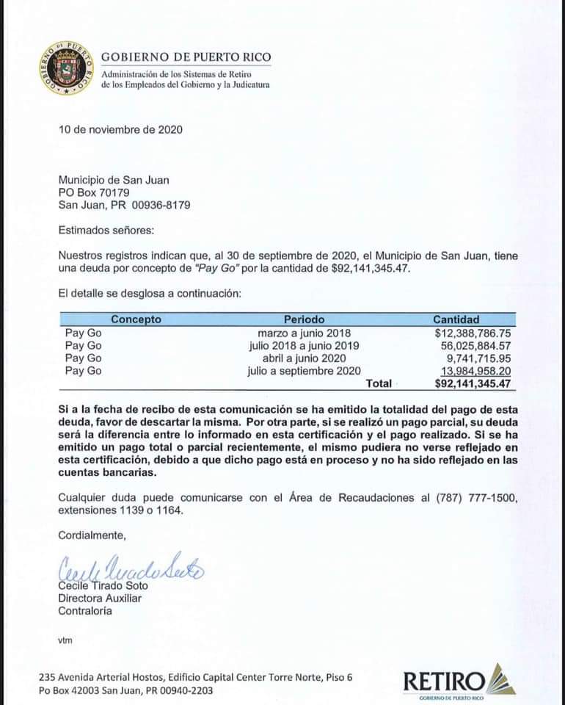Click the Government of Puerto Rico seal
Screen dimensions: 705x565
(66, 68)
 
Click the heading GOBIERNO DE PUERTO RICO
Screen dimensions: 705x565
(186, 57)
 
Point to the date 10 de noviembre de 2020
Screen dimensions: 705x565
(120, 130)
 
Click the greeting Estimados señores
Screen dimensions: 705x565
(106, 231)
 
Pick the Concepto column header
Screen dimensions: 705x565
(136, 319)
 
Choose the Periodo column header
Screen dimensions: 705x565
(304, 319)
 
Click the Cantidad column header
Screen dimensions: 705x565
(456, 319)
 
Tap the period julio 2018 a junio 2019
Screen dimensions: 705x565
(304, 346)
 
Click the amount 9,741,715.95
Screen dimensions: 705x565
(477, 358)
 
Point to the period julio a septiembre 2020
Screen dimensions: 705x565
(304, 371)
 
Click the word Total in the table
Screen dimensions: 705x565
(379, 383)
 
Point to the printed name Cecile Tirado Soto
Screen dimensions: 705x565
(103, 585)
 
